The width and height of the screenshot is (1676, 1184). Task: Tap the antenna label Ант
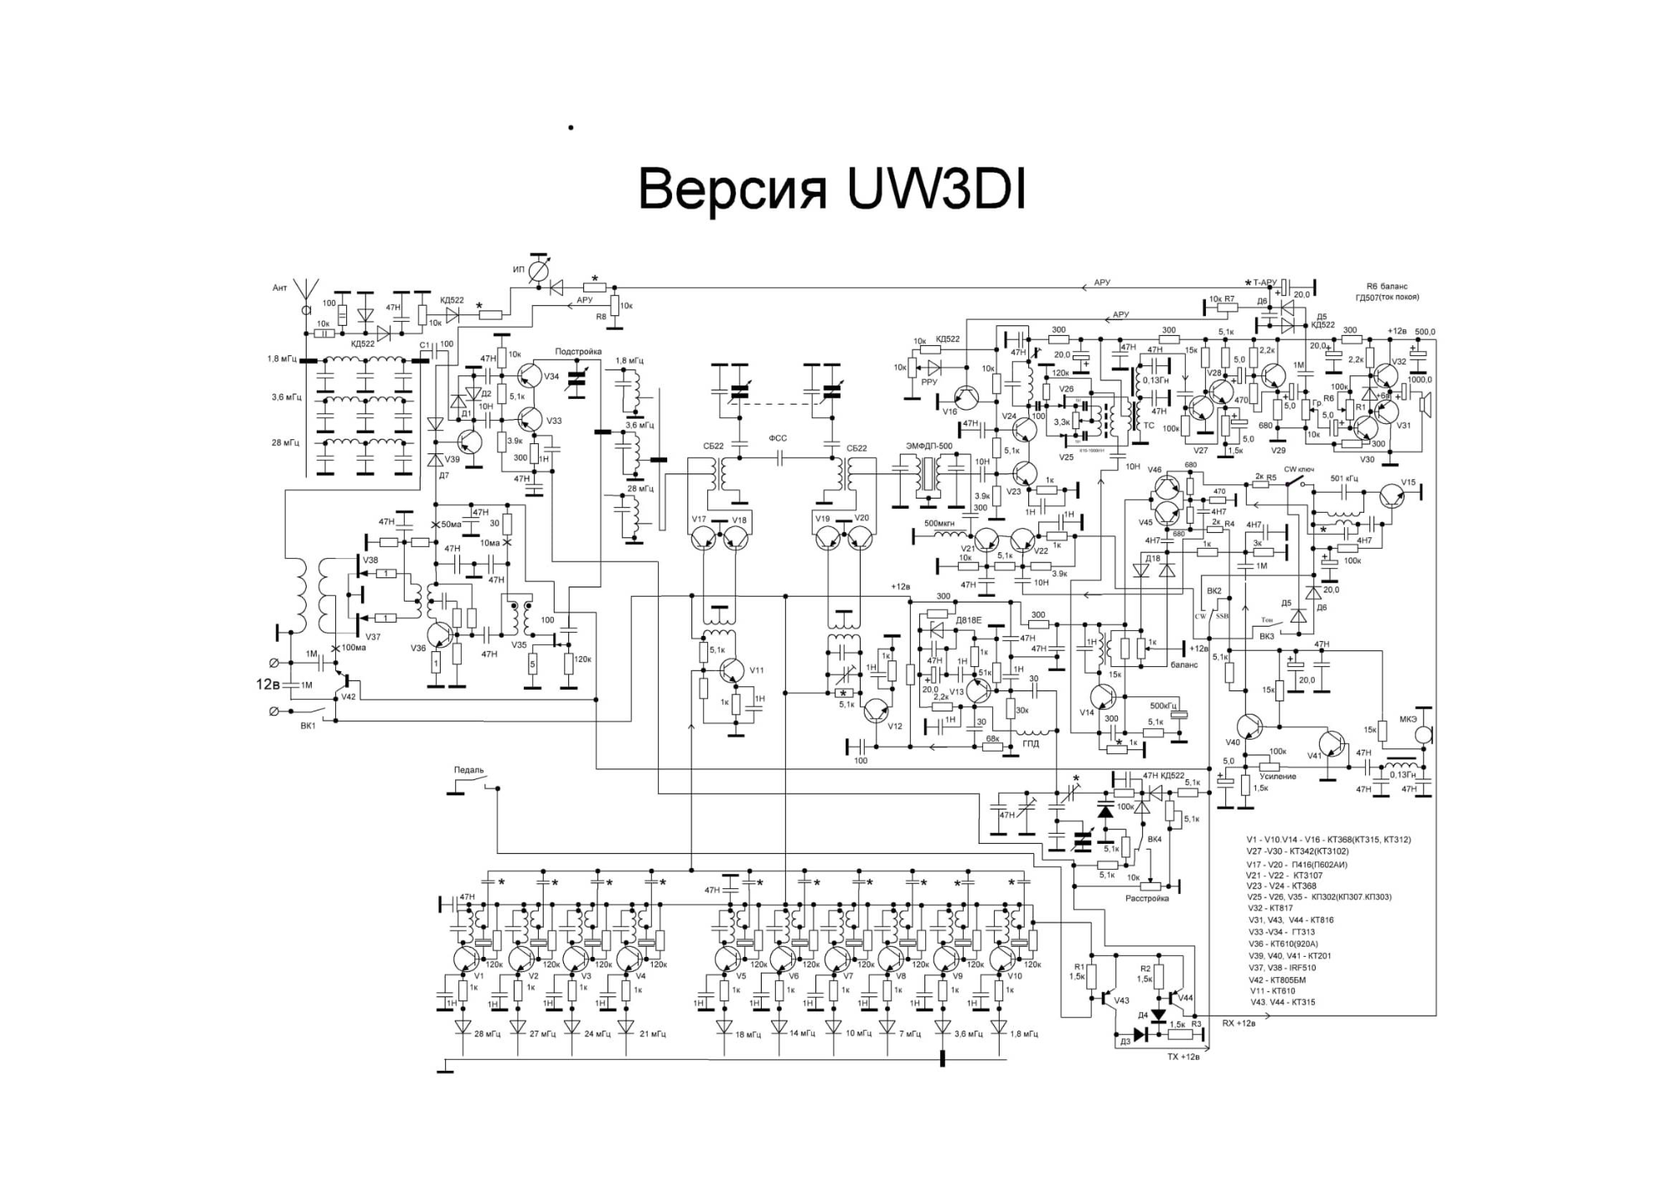280,288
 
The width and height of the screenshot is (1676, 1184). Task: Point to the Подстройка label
577,352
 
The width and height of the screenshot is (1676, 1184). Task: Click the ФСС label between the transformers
778,438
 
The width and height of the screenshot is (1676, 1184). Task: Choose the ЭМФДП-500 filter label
929,446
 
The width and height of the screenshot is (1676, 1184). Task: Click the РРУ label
929,382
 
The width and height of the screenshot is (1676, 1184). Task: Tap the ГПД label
1030,743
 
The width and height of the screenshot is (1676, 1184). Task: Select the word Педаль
468,771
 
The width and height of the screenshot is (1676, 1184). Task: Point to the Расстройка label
1146,899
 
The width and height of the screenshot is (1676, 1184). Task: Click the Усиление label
1277,777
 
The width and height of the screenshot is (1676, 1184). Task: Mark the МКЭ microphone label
1408,719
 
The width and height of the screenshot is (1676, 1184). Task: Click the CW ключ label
1299,470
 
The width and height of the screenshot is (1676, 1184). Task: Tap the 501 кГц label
1344,479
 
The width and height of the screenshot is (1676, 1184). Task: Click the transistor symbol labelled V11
732,671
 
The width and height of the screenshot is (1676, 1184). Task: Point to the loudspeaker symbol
1423,406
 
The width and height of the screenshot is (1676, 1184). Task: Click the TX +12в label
1183,1057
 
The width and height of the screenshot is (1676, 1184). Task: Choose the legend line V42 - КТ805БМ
1275,980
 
